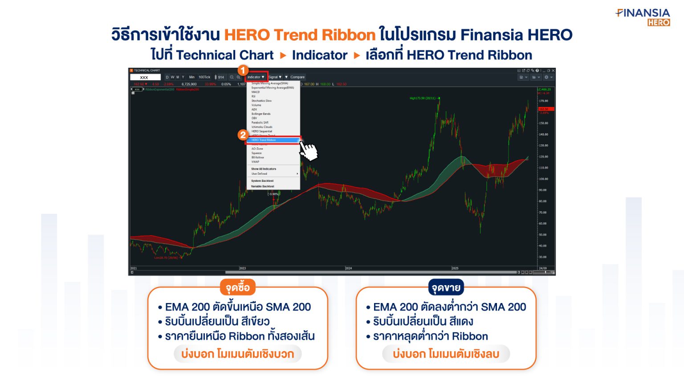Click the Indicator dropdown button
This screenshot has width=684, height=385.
point(256,77)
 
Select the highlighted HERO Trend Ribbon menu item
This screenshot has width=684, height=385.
point(273,140)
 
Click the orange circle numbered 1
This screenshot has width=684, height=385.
point(243,70)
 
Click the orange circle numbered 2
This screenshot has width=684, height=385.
point(243,135)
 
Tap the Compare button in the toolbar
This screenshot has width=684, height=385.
point(297,77)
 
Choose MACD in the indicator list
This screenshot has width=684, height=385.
point(256,92)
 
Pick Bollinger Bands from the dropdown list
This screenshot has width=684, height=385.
point(261,114)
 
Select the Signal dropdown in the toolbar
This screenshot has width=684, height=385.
point(275,77)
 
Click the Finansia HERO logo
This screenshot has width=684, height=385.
point(644,17)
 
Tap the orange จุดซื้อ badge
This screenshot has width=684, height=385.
point(237,288)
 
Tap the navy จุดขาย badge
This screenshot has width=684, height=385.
point(446,288)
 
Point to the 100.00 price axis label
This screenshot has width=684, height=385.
point(543,179)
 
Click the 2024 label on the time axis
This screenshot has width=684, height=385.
point(349,268)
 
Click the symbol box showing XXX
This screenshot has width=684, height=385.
point(145,78)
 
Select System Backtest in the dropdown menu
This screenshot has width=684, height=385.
point(262,181)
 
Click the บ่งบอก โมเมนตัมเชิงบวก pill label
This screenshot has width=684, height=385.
point(237,354)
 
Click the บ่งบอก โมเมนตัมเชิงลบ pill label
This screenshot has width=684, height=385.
point(446,354)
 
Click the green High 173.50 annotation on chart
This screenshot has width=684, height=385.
point(423,98)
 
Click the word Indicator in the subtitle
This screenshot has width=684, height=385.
point(319,55)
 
